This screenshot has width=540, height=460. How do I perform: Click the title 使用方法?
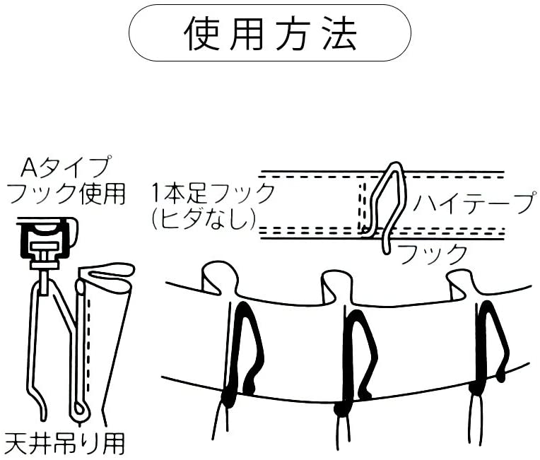(x=270, y=34)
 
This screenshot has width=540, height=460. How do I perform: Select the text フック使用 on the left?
(x=66, y=194)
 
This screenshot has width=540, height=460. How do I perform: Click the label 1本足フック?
(x=213, y=193)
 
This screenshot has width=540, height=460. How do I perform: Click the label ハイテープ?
(x=475, y=203)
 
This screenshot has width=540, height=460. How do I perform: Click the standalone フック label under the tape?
(x=433, y=254)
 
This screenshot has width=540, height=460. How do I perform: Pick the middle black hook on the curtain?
(x=356, y=358)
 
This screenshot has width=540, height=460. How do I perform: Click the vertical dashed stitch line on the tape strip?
(x=361, y=206)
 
